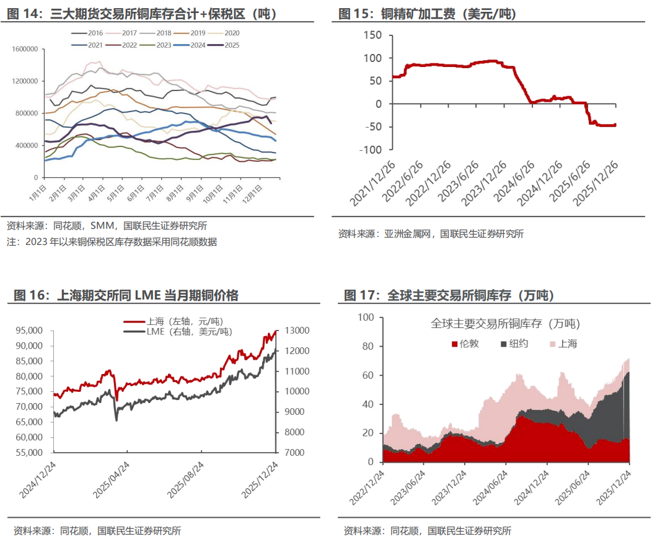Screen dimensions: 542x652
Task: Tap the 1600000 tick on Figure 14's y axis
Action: pos(25,49)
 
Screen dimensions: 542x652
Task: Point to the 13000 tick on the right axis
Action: pos(294,331)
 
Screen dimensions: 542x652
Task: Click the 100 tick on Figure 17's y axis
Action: pos(367,317)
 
